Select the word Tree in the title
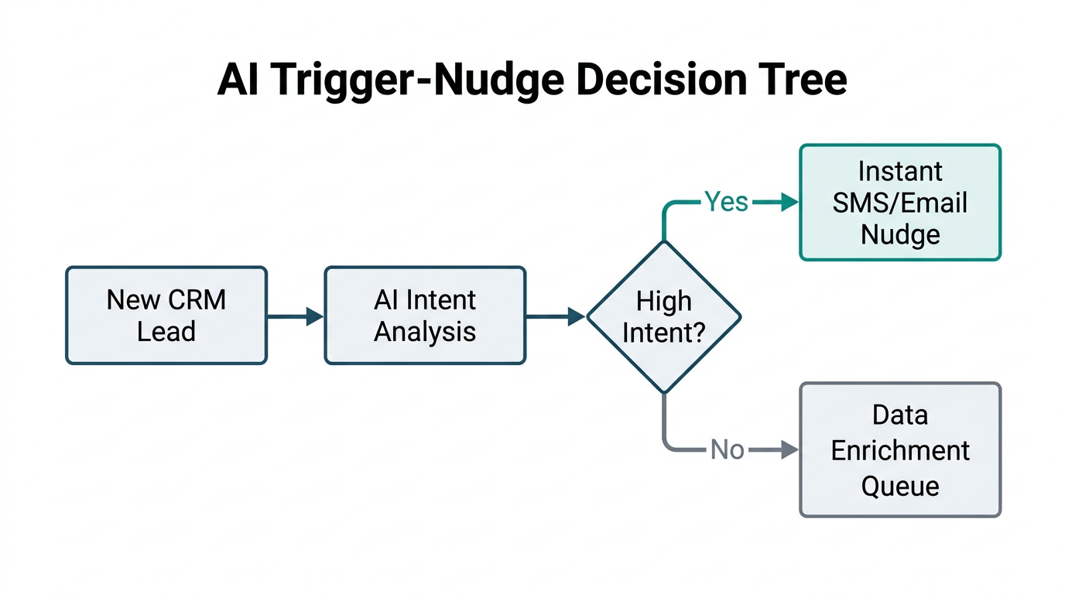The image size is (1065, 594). (806, 80)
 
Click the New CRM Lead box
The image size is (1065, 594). (166, 316)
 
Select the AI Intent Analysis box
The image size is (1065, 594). (425, 316)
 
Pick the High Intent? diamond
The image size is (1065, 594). (664, 316)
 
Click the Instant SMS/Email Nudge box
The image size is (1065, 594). (899, 203)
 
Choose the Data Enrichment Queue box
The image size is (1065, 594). (899, 450)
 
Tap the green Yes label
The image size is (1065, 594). (726, 203)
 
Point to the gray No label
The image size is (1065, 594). (727, 450)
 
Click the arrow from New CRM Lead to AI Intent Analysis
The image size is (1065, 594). (295, 316)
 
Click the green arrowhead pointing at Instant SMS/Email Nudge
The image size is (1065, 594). (789, 203)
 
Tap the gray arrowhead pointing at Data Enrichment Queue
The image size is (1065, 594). (789, 450)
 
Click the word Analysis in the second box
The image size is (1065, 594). (425, 332)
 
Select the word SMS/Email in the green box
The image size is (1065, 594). (899, 203)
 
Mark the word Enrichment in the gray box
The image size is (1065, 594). (899, 450)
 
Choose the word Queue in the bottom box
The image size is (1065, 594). (899, 486)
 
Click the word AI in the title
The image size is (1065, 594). (236, 80)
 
